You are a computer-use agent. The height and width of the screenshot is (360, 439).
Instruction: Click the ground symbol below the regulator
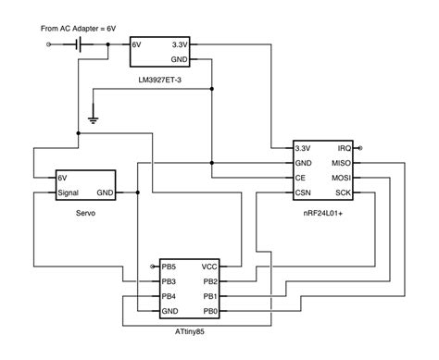coord(94,118)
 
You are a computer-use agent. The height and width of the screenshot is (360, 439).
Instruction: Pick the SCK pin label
coord(343,192)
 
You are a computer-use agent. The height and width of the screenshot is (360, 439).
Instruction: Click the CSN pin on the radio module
coord(303,192)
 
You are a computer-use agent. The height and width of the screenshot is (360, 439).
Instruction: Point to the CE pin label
coord(300,178)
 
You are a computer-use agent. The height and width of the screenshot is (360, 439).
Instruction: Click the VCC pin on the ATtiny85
coord(210,266)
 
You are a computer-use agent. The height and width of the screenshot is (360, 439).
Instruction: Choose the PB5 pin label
coord(169,266)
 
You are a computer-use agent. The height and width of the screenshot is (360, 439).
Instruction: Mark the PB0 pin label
coord(210,310)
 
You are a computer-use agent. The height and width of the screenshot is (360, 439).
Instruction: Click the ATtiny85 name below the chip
coord(189,329)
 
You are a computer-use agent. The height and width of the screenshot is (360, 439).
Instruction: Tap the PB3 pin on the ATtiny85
coord(169,280)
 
